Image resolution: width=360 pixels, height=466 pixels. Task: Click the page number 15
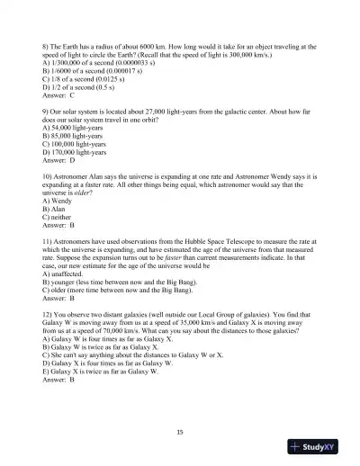(180, 432)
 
